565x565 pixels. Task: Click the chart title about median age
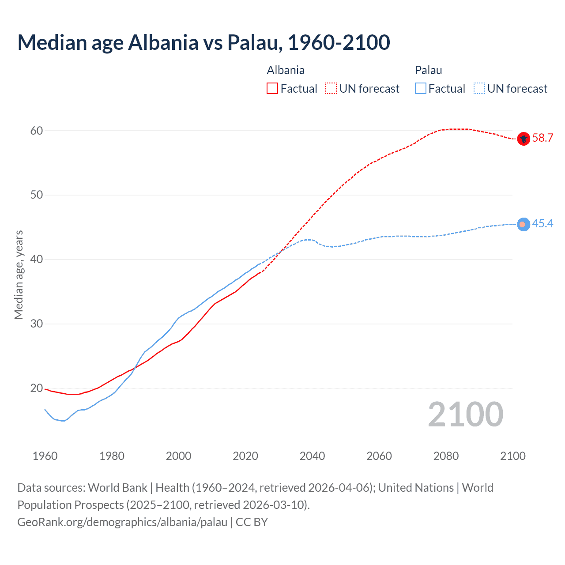pyautogui.click(x=203, y=42)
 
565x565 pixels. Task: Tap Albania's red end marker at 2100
pyautogui.click(x=523, y=139)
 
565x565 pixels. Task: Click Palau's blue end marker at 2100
pyautogui.click(x=523, y=224)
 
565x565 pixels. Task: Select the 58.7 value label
pyautogui.click(x=542, y=138)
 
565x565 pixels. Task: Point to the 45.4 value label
pyautogui.click(x=542, y=223)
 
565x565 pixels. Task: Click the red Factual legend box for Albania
pyautogui.click(x=272, y=89)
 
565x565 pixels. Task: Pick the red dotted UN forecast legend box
pyautogui.click(x=331, y=89)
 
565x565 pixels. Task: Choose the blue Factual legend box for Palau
pyautogui.click(x=421, y=89)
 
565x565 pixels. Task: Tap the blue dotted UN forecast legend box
pyautogui.click(x=479, y=89)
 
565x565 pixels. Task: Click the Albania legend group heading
pyautogui.click(x=286, y=70)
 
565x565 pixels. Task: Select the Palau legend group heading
pyautogui.click(x=428, y=70)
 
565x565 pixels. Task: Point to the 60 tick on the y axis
pyautogui.click(x=37, y=131)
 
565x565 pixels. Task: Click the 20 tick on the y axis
pyautogui.click(x=37, y=388)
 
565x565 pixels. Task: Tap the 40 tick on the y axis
pyautogui.click(x=37, y=260)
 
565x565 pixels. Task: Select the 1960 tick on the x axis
pyautogui.click(x=45, y=456)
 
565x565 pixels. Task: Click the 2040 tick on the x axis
pyautogui.click(x=312, y=456)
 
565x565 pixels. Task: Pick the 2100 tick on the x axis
pyautogui.click(x=512, y=456)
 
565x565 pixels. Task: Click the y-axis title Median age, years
pyautogui.click(x=19, y=275)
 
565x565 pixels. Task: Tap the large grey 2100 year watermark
pyautogui.click(x=465, y=414)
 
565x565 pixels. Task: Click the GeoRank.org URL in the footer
pyautogui.click(x=122, y=522)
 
